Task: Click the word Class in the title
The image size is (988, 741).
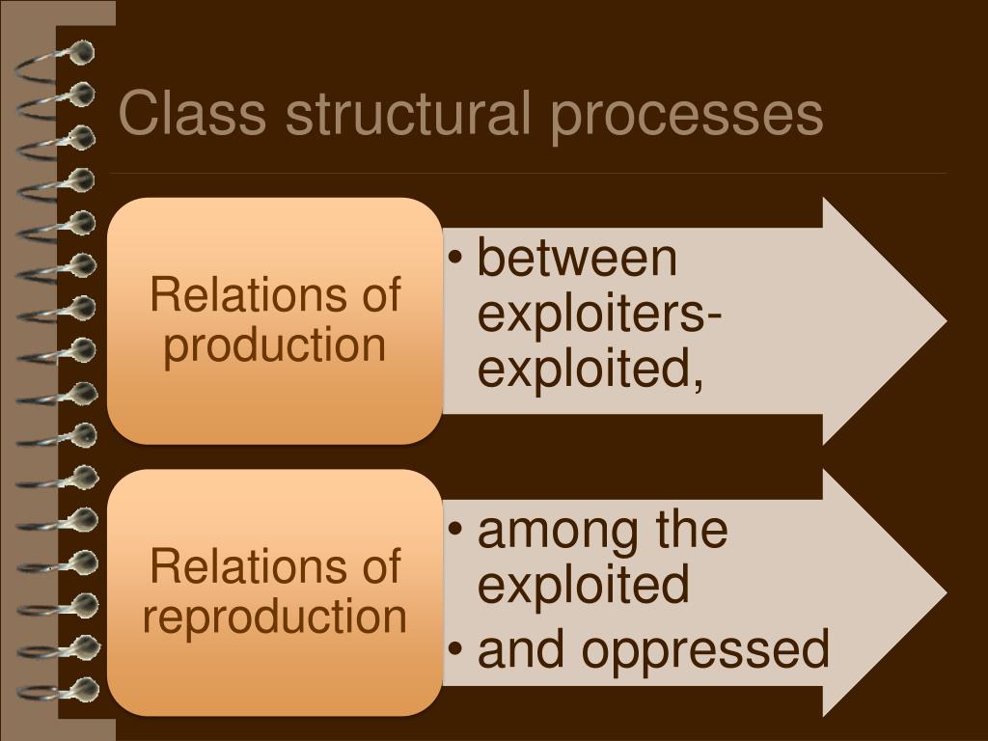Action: click(192, 115)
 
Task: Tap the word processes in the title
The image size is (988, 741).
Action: click(687, 115)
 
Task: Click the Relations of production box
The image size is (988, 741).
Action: click(274, 320)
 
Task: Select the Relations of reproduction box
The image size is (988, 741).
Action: click(274, 592)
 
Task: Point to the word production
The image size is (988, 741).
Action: click(274, 345)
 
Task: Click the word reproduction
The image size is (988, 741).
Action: click(274, 617)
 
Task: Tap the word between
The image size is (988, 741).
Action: click(577, 259)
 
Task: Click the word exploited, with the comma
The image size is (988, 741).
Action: click(590, 369)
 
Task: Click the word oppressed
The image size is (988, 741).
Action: click(705, 649)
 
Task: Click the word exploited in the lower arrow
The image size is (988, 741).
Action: click(583, 585)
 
